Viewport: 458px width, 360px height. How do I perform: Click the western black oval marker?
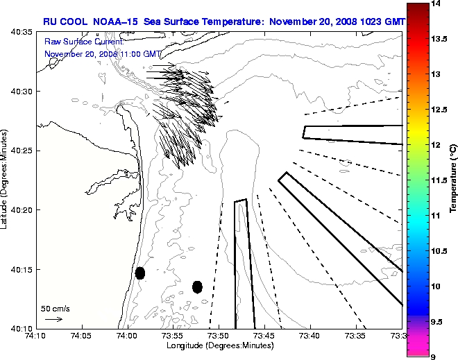coord(140,273)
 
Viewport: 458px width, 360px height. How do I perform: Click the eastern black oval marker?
coord(197,286)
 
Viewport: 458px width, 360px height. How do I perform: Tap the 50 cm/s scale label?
coord(56,308)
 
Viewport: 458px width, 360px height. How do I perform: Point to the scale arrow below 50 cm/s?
coord(54,319)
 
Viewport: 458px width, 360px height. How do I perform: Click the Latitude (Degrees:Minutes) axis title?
coord(6,180)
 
